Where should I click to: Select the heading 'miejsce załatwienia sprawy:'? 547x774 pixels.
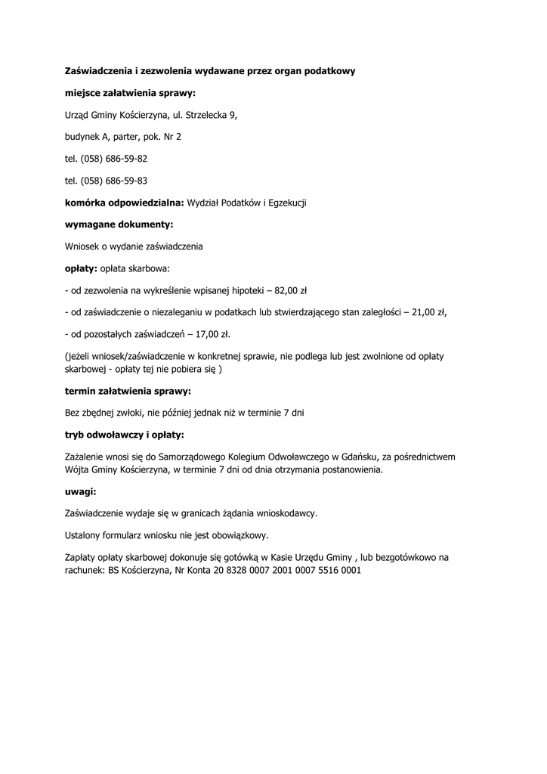click(x=130, y=93)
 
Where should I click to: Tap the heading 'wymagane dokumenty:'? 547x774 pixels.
click(x=119, y=224)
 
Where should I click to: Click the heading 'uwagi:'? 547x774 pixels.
click(x=81, y=492)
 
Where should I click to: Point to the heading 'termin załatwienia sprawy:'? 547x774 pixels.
click(x=128, y=392)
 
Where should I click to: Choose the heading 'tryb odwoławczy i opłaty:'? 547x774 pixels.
click(x=125, y=435)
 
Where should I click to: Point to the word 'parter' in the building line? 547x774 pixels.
click(x=133, y=138)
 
